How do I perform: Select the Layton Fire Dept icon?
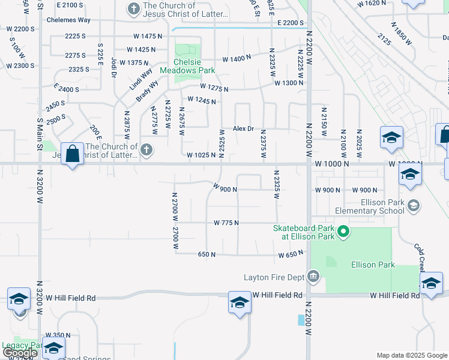313,277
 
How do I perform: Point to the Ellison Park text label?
373,265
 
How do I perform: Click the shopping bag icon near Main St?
72,153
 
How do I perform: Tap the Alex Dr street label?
244,129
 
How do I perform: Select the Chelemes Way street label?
68,20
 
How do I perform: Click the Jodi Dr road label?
113,70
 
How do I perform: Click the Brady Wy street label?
146,90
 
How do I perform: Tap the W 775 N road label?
226,223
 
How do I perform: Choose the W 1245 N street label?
202,100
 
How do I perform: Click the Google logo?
20,352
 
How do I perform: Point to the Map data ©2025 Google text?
411,355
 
